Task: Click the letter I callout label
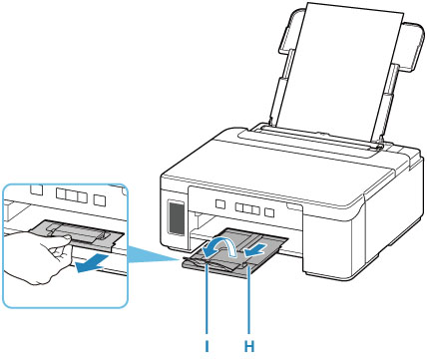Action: [207, 347]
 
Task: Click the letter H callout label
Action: [249, 347]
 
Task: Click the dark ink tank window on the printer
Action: [177, 217]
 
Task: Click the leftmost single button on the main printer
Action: [219, 202]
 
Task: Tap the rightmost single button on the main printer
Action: [269, 211]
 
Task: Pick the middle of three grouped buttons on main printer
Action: [247, 208]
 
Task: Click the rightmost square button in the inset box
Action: [99, 199]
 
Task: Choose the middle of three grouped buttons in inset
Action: [71, 195]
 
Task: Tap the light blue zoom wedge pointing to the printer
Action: [153, 253]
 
